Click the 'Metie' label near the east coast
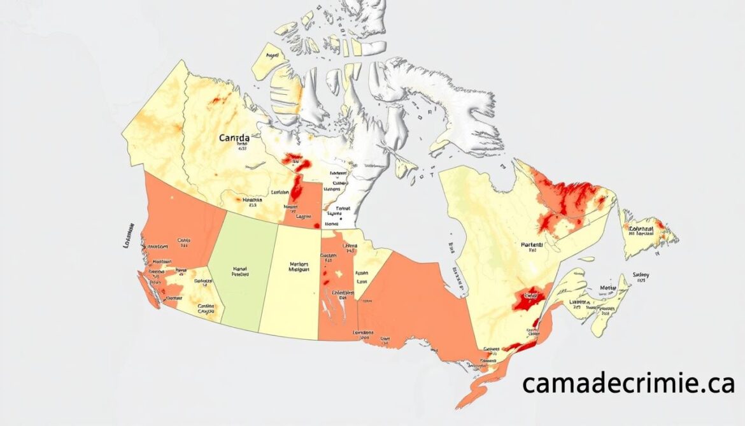[608, 287]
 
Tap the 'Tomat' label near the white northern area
[343, 208]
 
